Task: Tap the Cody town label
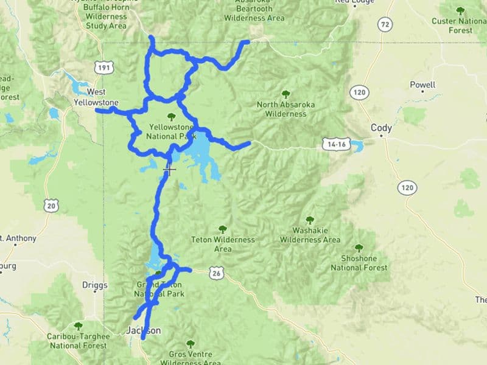point(381,128)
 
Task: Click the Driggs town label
point(94,285)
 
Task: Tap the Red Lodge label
point(352,2)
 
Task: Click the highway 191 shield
point(102,68)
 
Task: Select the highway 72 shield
point(384,24)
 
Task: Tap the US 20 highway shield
point(51,206)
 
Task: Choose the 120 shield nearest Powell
point(359,92)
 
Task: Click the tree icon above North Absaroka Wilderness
point(285,94)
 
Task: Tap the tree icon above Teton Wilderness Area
point(222,229)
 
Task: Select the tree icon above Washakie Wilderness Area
point(309,220)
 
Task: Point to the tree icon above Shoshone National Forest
point(358,248)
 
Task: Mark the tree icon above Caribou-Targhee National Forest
point(77,326)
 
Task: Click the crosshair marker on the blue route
point(170,169)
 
